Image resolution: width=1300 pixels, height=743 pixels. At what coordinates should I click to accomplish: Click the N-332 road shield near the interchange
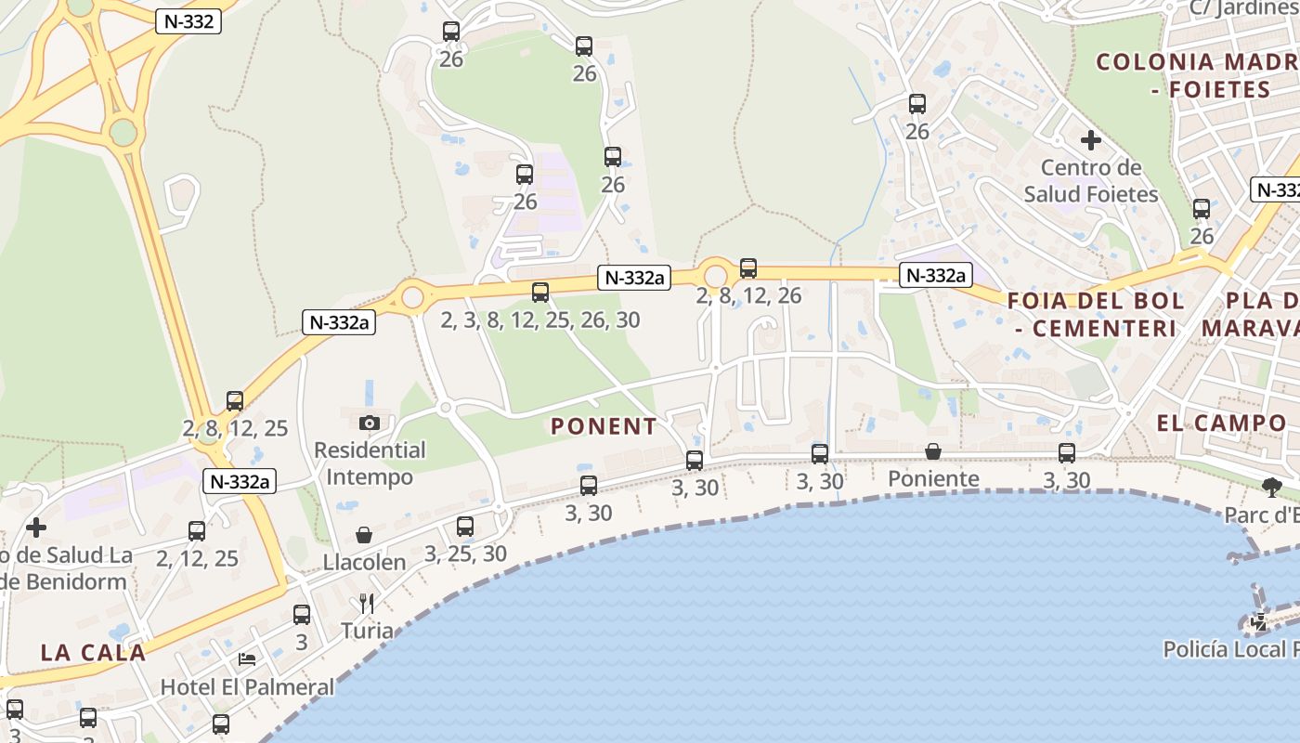188,22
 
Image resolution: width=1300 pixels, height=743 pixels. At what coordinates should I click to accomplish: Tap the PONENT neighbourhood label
604,426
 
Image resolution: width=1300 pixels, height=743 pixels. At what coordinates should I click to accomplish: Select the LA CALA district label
93,652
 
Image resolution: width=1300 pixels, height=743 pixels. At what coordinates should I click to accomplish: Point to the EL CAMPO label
1221,423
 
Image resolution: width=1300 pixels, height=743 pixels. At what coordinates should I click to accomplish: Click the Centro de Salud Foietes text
1091,181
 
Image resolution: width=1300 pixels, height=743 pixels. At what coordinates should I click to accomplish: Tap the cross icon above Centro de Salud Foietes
1091,141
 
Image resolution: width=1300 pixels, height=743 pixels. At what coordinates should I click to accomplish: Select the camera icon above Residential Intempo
369,423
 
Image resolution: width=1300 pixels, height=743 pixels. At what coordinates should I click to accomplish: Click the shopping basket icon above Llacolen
364,535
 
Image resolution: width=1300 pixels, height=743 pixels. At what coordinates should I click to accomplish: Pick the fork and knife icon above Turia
367,604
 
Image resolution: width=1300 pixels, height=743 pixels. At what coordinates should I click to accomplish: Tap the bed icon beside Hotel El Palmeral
247,658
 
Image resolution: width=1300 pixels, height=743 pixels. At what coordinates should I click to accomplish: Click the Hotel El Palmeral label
247,687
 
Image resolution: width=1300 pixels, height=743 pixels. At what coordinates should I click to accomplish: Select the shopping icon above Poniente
933,451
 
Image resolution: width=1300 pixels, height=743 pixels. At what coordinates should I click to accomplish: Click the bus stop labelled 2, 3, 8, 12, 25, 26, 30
540,293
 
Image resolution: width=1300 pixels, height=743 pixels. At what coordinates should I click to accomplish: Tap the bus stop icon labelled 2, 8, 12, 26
748,268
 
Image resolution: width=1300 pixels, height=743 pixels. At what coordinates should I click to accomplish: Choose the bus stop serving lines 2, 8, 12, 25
235,401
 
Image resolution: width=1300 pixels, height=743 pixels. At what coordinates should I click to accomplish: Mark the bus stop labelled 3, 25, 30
465,527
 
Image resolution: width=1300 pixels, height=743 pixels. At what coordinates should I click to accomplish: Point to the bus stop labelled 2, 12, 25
197,531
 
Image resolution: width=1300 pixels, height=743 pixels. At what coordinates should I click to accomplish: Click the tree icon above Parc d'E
1271,486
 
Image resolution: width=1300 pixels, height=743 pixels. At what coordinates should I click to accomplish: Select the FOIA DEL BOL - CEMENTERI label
1096,314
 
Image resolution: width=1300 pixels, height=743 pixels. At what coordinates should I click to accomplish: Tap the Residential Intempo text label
370,463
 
